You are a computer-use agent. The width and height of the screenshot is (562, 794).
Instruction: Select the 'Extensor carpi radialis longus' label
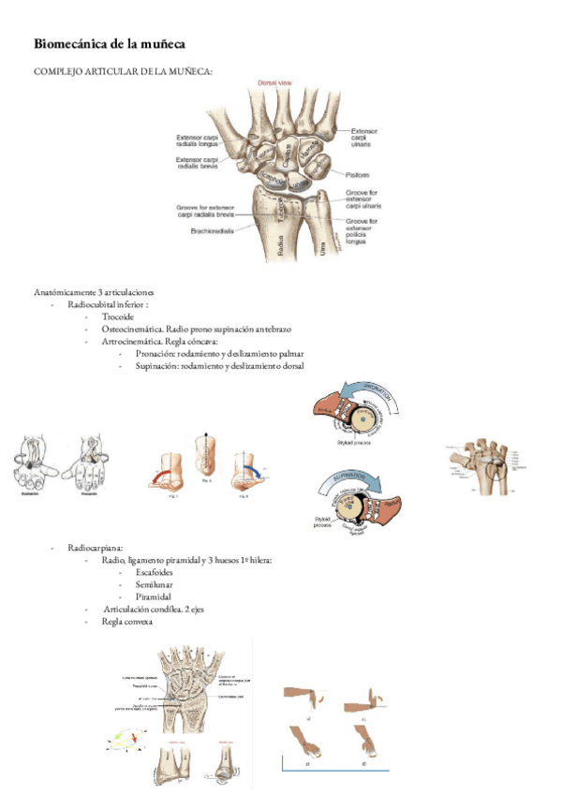[199, 142]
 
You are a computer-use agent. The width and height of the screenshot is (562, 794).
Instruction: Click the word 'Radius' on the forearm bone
[281, 245]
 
